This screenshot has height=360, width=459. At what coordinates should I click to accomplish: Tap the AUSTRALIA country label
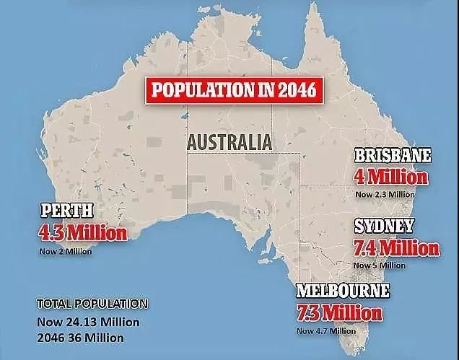click(229, 141)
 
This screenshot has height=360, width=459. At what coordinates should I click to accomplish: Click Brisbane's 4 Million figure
click(390, 176)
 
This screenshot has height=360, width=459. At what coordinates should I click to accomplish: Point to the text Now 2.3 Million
click(384, 193)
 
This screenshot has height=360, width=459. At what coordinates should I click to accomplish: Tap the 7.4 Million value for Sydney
click(396, 247)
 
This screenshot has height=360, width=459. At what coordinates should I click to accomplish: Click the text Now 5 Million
click(379, 265)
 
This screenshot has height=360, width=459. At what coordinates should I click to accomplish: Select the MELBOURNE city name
click(343, 293)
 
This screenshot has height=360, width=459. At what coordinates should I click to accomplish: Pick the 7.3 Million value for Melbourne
click(338, 313)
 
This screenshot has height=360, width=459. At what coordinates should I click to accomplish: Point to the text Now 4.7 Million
click(325, 330)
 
